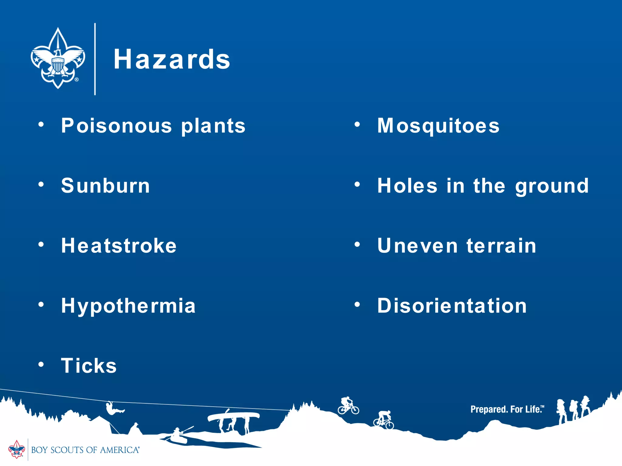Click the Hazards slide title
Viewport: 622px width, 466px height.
(x=172, y=59)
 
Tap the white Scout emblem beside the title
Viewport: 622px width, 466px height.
(x=58, y=58)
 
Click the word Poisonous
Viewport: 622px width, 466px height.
(x=117, y=126)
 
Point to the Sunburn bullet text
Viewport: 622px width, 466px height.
(x=105, y=186)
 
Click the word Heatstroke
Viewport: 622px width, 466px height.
(x=119, y=245)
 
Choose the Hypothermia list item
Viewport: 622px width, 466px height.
(x=128, y=306)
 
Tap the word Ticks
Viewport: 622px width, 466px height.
(x=89, y=366)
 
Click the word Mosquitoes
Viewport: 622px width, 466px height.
(x=438, y=126)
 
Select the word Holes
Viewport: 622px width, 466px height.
(x=407, y=186)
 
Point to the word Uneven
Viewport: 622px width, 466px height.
(x=417, y=245)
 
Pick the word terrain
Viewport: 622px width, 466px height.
(x=501, y=245)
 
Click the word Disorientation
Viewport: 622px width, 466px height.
(x=452, y=306)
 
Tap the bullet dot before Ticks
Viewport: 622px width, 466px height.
(x=41, y=364)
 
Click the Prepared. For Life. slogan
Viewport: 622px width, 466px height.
(x=507, y=409)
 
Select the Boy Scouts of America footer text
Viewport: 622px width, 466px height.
(x=85, y=450)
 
